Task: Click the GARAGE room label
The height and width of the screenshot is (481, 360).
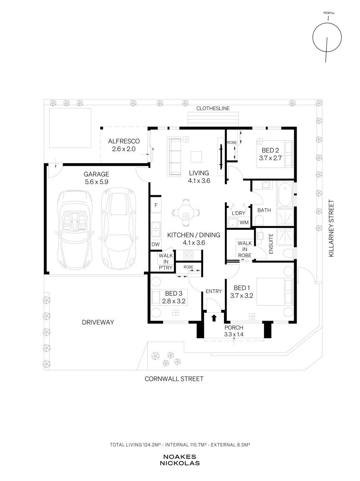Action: click(x=96, y=174)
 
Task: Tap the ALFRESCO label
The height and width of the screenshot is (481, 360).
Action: click(x=124, y=142)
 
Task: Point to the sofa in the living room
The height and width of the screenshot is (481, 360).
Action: click(x=174, y=157)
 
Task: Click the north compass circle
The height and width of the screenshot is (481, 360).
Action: click(x=327, y=38)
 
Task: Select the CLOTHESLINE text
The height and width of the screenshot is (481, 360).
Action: click(x=213, y=108)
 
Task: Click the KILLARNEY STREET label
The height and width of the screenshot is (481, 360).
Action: click(x=331, y=228)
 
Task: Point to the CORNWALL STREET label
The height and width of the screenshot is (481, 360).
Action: click(x=174, y=379)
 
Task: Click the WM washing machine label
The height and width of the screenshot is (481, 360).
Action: click(x=244, y=223)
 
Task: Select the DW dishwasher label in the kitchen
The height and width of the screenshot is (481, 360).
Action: click(x=156, y=245)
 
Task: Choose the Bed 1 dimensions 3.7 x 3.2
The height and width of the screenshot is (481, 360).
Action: click(x=242, y=296)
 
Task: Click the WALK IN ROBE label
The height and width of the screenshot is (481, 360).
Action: click(x=245, y=249)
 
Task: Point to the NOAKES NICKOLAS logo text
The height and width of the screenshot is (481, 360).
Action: click(x=179, y=460)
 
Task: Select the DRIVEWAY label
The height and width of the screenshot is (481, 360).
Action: click(x=98, y=322)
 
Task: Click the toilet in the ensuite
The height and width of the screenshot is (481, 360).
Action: click(x=288, y=253)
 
